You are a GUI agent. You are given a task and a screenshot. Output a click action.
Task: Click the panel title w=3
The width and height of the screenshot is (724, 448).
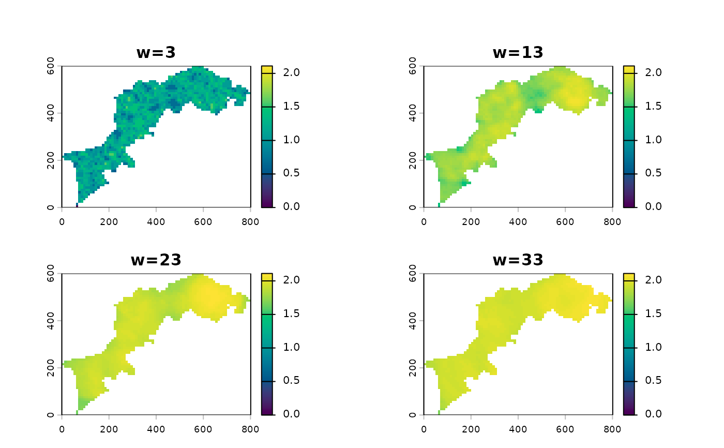pyautogui.click(x=156, y=52)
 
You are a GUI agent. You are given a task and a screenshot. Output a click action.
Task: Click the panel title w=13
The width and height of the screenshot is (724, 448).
pyautogui.click(x=518, y=52)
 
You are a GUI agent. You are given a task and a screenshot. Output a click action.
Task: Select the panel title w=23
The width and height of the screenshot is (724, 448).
pyautogui.click(x=156, y=259)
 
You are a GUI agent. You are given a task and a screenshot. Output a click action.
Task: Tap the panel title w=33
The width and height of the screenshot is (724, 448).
pyautogui.click(x=518, y=259)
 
